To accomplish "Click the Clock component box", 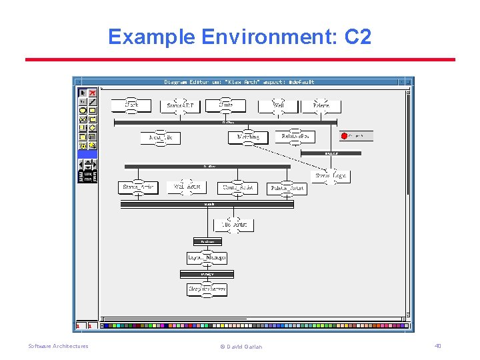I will (132, 105).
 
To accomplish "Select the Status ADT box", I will (180, 106).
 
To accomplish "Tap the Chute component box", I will (226, 105).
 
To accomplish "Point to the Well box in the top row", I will (279, 105).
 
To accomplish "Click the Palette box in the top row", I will (321, 105).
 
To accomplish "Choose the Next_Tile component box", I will (161, 137).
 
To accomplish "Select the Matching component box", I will (248, 137).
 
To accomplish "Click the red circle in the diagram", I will (345, 136).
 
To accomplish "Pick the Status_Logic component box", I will (331, 176).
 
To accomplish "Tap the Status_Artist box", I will (138, 187).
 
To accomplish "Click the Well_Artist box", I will (187, 187).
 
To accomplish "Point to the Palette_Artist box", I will (287, 188).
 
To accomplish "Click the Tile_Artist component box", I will (233, 225).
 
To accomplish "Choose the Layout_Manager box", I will (207, 257).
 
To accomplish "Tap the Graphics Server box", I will (207, 289).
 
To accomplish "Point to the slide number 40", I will (438, 346).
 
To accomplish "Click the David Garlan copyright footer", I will (241, 347).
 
